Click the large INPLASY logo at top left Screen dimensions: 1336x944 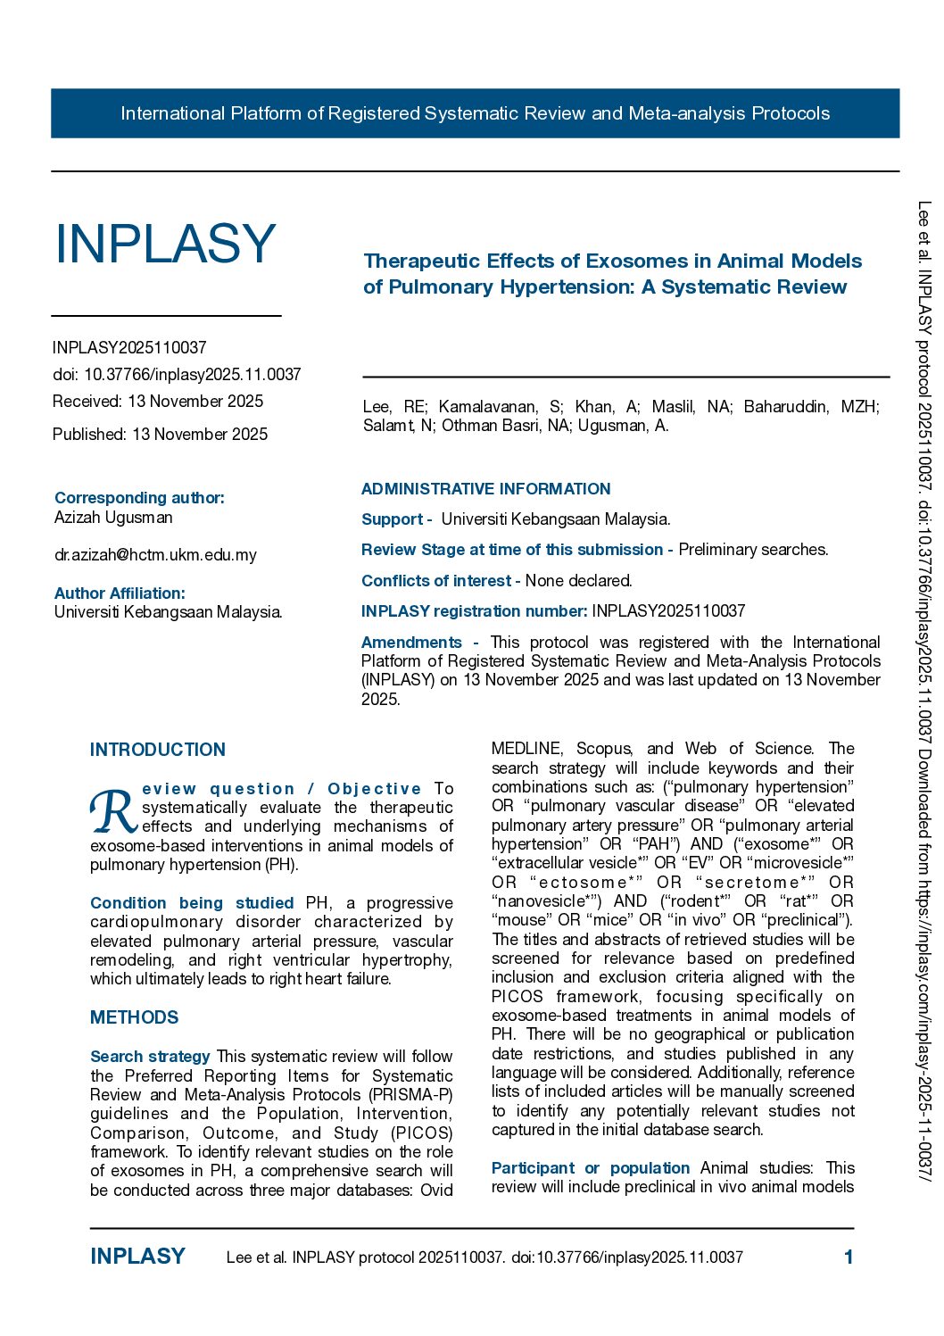click(x=165, y=244)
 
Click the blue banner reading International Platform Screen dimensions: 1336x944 click(x=475, y=113)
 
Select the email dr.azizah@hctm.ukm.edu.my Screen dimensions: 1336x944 click(x=155, y=555)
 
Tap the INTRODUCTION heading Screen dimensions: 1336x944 click(x=157, y=750)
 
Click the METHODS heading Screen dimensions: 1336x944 click(x=134, y=1017)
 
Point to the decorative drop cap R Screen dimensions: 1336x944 click(x=113, y=811)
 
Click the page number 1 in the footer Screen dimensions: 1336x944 click(x=849, y=1257)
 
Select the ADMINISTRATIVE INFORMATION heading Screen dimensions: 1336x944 click(x=485, y=489)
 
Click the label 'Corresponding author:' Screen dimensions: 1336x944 click(x=139, y=498)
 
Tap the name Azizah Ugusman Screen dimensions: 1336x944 click(x=113, y=518)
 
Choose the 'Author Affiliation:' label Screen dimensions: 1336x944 click(x=120, y=593)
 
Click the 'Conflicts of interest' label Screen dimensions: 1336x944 click(x=436, y=581)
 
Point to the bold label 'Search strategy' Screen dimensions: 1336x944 click(x=150, y=1057)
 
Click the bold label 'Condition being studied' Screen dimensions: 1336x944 click(x=192, y=903)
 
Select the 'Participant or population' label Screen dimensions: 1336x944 click(x=590, y=1168)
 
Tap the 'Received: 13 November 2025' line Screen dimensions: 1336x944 click(x=158, y=402)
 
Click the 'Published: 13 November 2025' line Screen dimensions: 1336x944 click(x=160, y=435)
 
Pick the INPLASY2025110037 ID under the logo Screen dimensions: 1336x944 click(x=129, y=348)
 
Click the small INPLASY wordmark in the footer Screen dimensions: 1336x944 click(x=137, y=1257)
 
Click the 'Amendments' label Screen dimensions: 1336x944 click(x=411, y=643)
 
